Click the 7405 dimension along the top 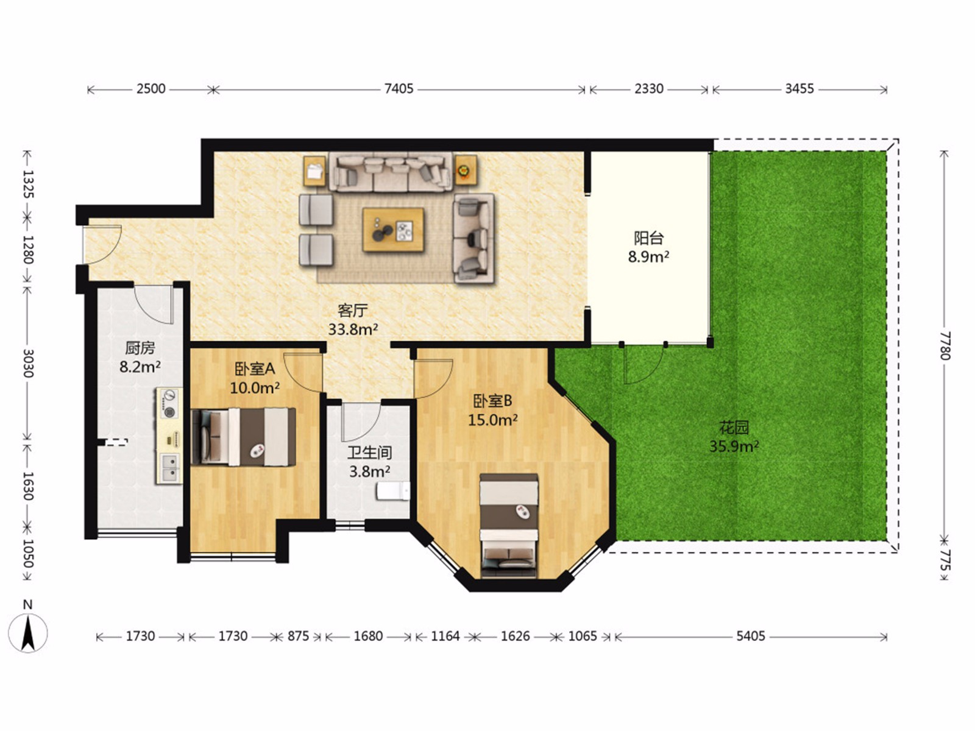click(x=399, y=89)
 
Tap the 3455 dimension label click(x=799, y=89)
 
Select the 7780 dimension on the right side click(x=945, y=345)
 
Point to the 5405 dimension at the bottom click(x=751, y=637)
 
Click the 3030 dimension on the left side click(x=27, y=363)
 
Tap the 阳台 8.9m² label click(x=648, y=248)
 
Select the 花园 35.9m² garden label click(x=734, y=437)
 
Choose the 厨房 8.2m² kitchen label click(x=140, y=358)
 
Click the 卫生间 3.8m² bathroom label click(x=369, y=462)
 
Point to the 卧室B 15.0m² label click(x=492, y=411)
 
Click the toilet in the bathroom click(x=393, y=492)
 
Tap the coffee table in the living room click(x=392, y=230)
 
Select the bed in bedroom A click(x=243, y=437)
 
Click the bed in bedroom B click(x=509, y=526)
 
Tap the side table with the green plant click(x=466, y=170)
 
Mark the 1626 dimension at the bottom click(x=516, y=637)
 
